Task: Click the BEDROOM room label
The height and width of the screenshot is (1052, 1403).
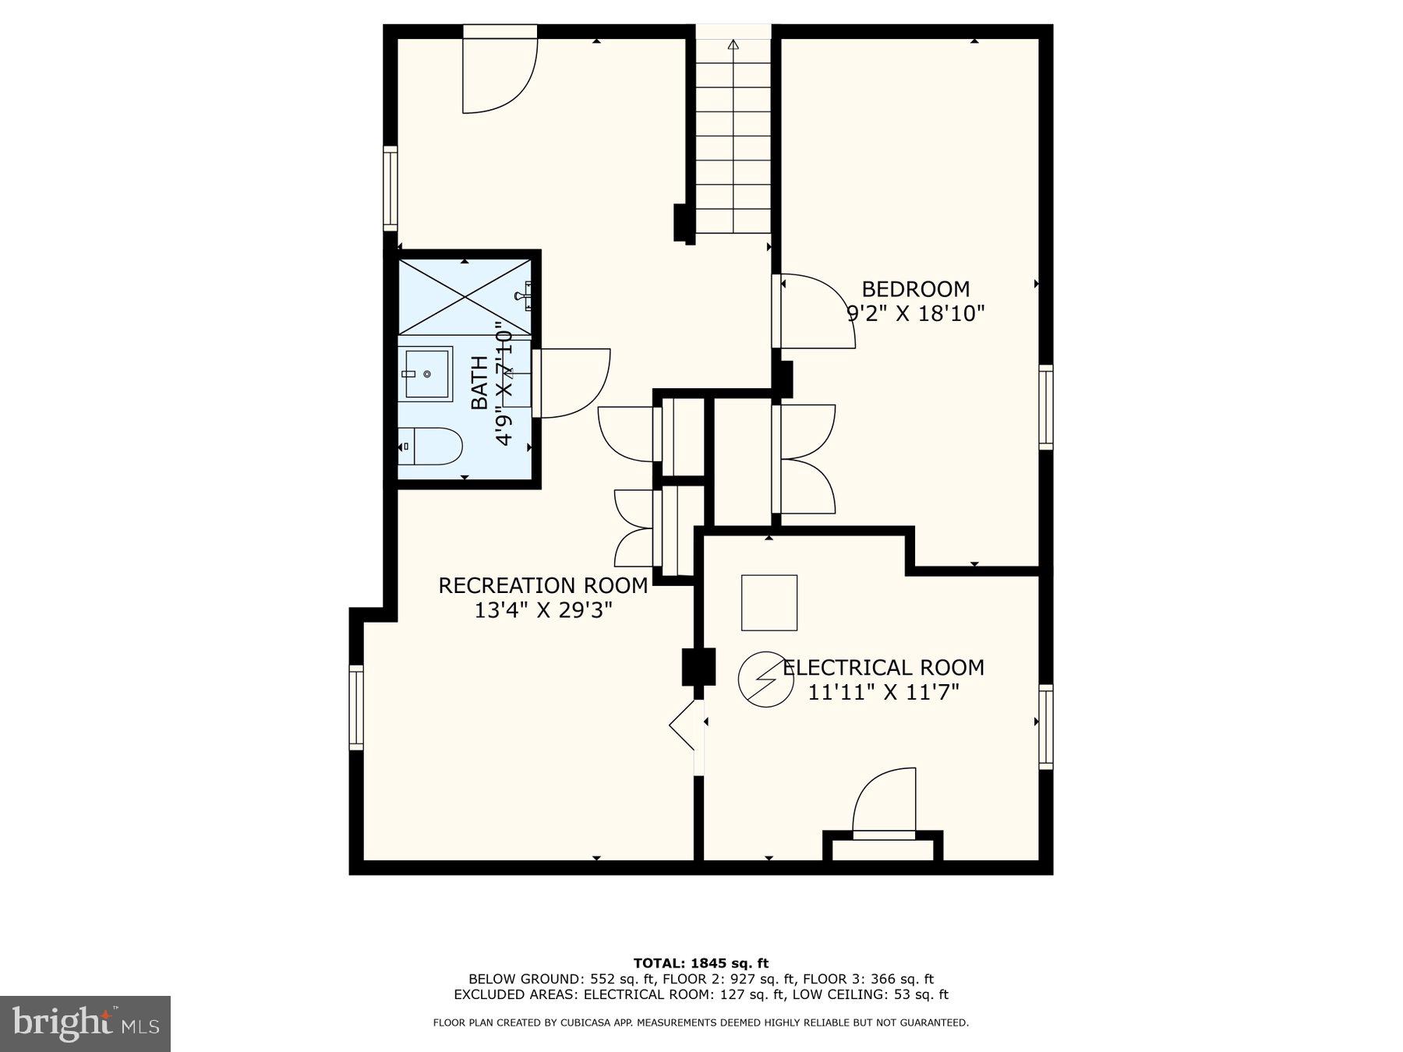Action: click(915, 289)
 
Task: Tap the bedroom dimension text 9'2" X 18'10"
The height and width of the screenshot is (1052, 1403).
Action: click(915, 314)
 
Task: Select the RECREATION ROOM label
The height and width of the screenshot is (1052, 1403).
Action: click(542, 586)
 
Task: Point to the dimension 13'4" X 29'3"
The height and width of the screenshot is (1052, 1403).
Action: click(542, 610)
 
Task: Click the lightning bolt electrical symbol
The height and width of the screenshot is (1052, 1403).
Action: click(766, 680)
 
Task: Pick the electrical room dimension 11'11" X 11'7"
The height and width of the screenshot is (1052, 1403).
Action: click(883, 692)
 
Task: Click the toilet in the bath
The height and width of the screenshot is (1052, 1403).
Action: click(433, 447)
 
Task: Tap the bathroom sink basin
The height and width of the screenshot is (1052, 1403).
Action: click(426, 374)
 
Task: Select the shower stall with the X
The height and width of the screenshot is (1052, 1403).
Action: click(465, 297)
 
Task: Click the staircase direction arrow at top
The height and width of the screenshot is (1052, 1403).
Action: click(733, 45)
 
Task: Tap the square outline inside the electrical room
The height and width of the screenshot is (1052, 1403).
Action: click(769, 602)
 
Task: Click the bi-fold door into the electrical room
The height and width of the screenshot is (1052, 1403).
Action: click(684, 725)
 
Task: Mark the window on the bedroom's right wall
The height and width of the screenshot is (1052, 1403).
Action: click(1045, 407)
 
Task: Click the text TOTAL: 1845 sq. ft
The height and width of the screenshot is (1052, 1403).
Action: click(700, 963)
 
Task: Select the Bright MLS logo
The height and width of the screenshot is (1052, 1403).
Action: click(85, 1023)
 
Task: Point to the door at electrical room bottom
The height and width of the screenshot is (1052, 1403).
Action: click(885, 803)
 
